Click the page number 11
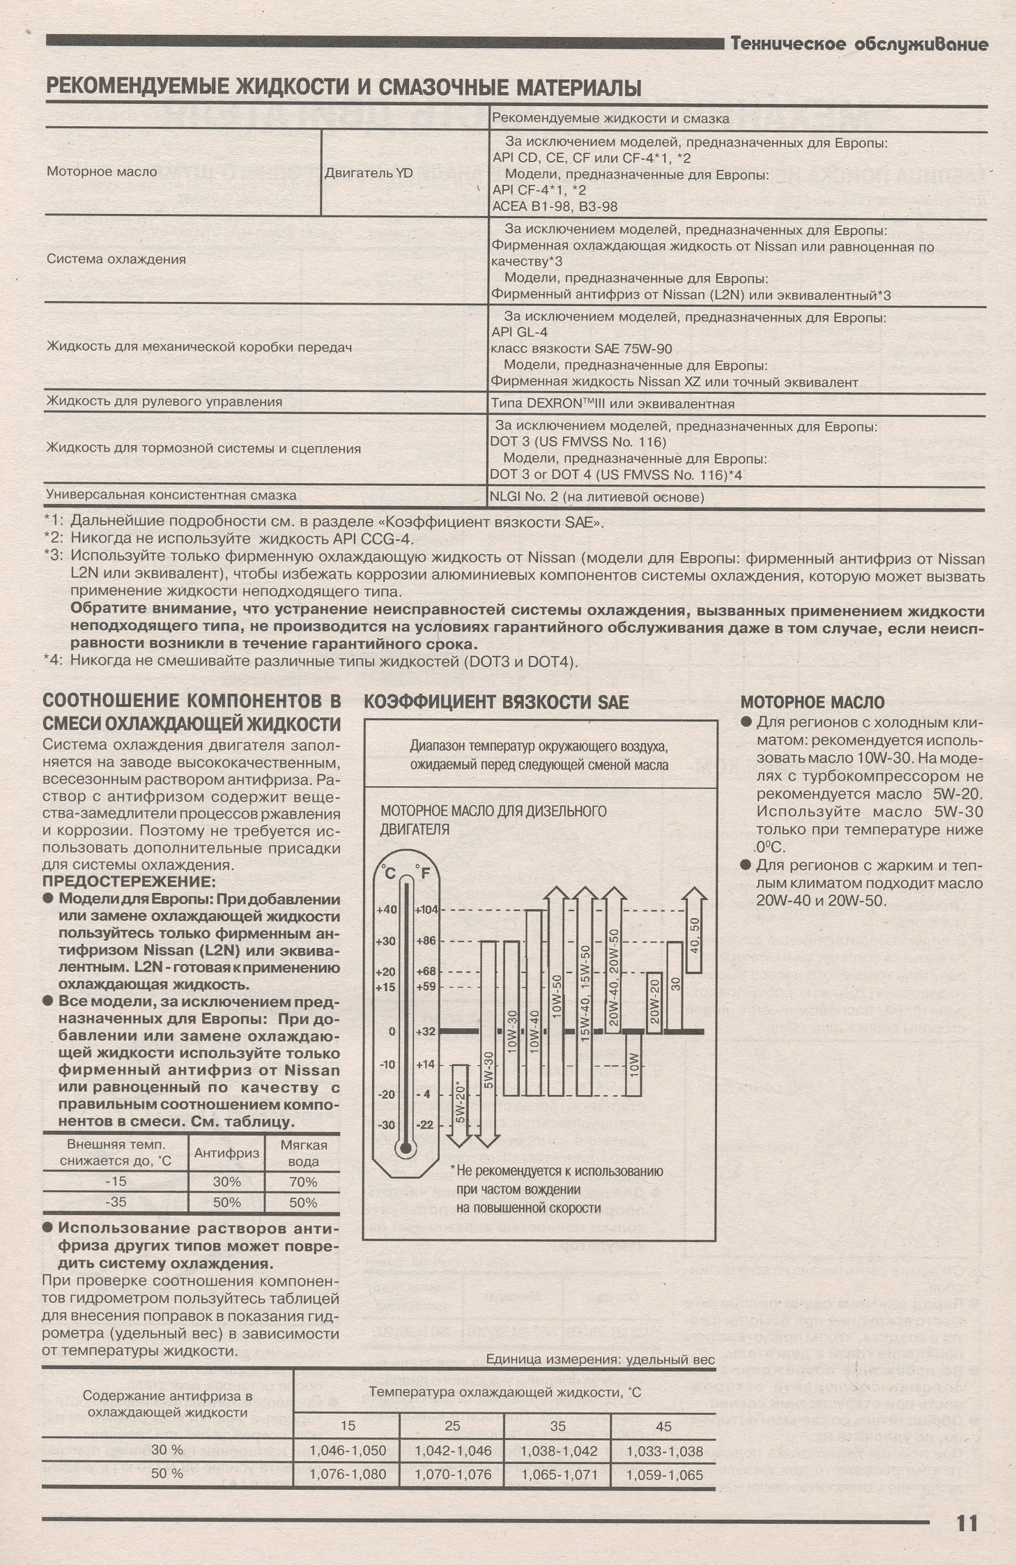tap(967, 1522)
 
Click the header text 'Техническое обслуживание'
tap(859, 45)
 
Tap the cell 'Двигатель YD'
tap(368, 173)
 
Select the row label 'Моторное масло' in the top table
tap(102, 171)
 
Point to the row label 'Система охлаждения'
tap(116, 259)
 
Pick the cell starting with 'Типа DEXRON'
tap(612, 404)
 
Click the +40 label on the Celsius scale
tap(385, 910)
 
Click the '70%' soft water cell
tap(303, 1182)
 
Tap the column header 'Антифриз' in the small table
tap(226, 1154)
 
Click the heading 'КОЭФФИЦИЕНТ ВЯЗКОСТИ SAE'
tap(496, 703)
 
